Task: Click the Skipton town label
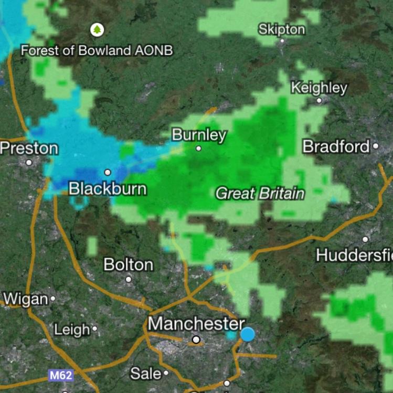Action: [x=281, y=29]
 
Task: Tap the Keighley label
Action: [x=319, y=87]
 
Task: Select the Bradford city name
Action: [x=336, y=146]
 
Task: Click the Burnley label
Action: [x=199, y=135]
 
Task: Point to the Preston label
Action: [x=29, y=148]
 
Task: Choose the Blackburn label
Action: [x=108, y=188]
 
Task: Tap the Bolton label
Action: [x=129, y=264]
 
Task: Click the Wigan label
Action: [x=25, y=299]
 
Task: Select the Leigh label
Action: [x=72, y=330]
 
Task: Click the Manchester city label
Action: [x=196, y=323]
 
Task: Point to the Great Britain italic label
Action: [x=260, y=194]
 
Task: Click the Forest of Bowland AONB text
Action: [x=97, y=50]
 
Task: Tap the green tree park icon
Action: [x=97, y=30]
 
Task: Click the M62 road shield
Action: [x=60, y=375]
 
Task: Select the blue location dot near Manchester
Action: [x=248, y=334]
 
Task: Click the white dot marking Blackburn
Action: [x=108, y=172]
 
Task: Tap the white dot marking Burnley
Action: [x=199, y=148]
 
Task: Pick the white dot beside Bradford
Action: [x=375, y=146]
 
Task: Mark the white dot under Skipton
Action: [x=282, y=41]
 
